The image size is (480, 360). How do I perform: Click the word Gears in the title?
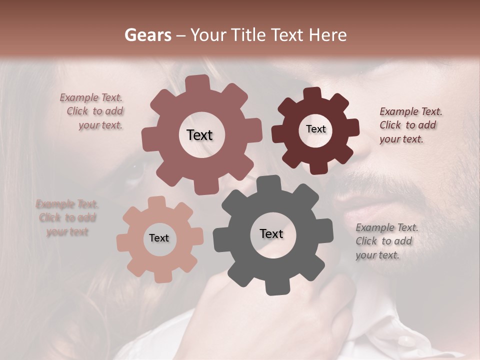pos(147,35)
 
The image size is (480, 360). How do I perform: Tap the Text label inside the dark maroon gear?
pos(315,129)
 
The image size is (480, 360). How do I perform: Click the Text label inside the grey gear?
pos(271,234)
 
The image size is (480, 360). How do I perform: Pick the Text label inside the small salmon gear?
pos(159,238)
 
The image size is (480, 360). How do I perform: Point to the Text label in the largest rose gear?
pos(199,135)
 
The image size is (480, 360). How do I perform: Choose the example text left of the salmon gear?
pos(67,218)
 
